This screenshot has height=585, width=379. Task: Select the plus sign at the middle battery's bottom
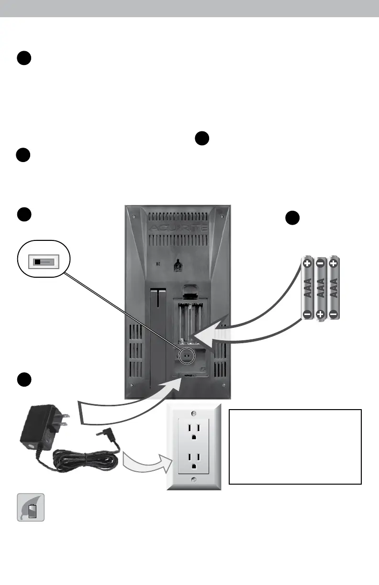[x=321, y=314]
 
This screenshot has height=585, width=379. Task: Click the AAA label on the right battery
[x=334, y=289]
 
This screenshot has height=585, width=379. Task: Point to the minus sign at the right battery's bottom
[x=334, y=314]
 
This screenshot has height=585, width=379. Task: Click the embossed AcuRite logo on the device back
[x=178, y=228]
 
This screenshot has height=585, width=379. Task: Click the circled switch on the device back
[x=187, y=355]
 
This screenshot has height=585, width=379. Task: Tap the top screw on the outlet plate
[x=193, y=412]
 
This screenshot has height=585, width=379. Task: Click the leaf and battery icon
[x=31, y=507]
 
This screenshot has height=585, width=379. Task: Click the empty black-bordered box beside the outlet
[x=295, y=446]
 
